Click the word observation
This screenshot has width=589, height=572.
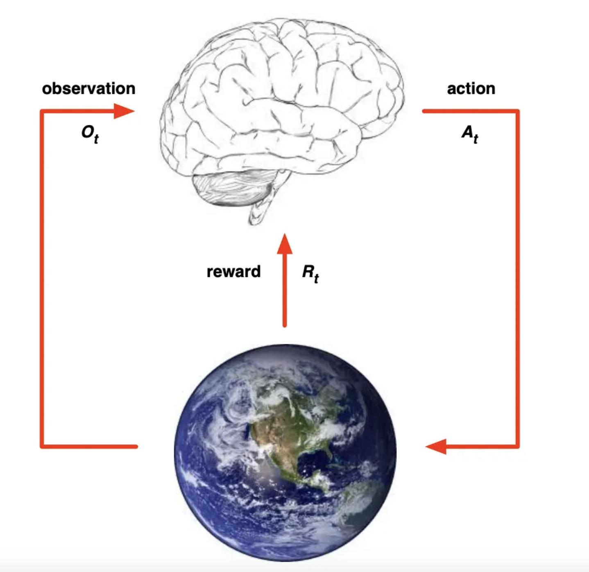(x=88, y=89)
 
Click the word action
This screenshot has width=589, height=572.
(x=471, y=89)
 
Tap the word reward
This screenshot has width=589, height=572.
(x=233, y=272)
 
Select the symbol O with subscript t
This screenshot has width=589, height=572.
(x=90, y=134)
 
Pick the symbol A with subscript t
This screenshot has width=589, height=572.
(x=470, y=134)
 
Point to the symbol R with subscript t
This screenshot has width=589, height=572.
(x=310, y=273)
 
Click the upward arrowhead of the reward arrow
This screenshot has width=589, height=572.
(x=285, y=244)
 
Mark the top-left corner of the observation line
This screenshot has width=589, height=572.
(x=42, y=111)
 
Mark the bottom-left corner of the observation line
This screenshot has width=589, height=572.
(x=42, y=446)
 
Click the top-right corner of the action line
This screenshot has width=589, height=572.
(x=517, y=111)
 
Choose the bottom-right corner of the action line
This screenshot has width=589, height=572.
(x=517, y=446)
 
